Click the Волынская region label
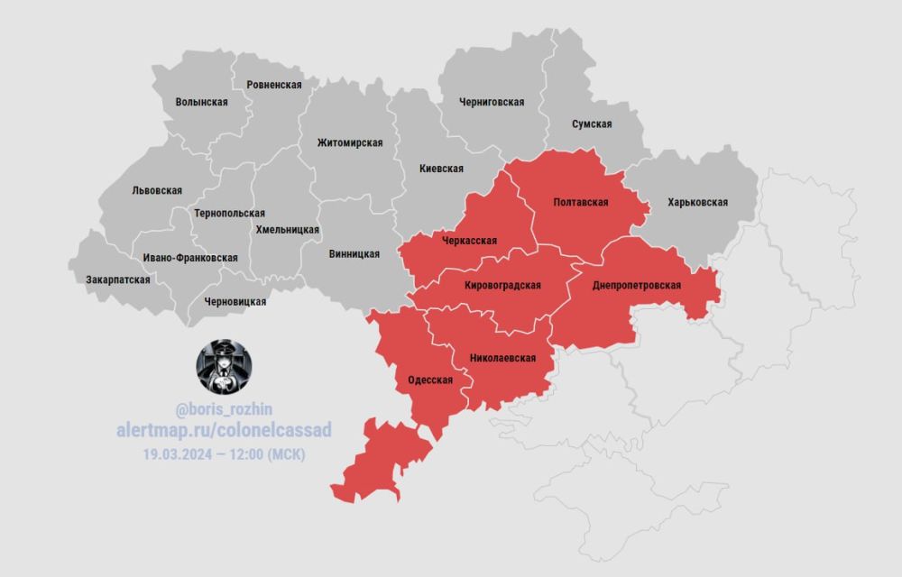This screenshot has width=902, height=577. pos(201,102)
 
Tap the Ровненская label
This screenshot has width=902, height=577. pos(273,84)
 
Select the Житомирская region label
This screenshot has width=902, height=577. pos(350,142)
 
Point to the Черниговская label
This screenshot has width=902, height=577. pos(491,102)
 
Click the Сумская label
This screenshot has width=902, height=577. pos(592,124)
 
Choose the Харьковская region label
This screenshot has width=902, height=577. pos(697,202)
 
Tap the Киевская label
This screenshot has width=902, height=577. pos(441,169)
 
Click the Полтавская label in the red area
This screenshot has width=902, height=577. pos(581,202)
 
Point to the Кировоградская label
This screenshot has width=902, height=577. pos(502,285)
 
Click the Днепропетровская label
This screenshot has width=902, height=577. pos(636,285)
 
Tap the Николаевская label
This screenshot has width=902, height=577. pos(502,358)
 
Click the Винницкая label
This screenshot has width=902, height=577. pos(354,253)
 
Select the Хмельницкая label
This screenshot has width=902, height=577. pos(288,230)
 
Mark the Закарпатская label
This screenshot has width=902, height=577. pos(118,279)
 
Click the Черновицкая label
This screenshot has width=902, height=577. pos(235,301)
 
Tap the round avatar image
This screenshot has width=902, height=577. pos(224,367)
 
